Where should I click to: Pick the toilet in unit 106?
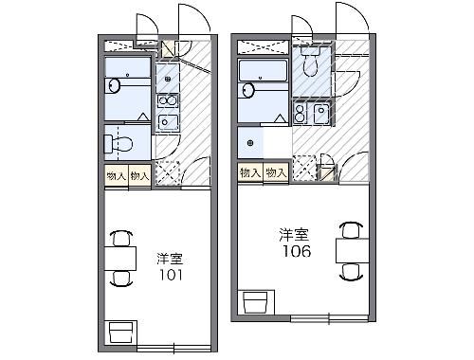tap(308, 63)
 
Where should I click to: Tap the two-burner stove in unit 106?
tap(301, 114)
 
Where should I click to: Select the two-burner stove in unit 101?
tap(166, 99)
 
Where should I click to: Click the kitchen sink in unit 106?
tap(320, 115)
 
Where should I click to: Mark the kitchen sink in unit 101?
tap(167, 121)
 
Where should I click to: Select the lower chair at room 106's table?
tap(351, 270)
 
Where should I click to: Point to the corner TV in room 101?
tap(121, 333)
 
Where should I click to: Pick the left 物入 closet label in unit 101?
tap(117, 175)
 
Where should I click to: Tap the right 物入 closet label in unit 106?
tap(275, 172)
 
